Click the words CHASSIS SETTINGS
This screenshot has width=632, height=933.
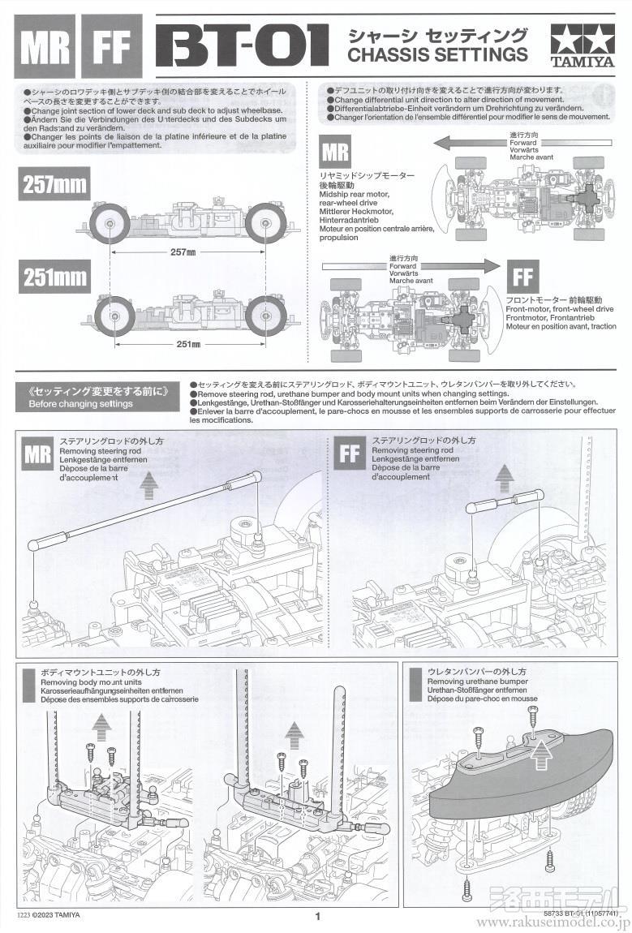coord(437,55)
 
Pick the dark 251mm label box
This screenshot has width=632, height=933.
coord(54,277)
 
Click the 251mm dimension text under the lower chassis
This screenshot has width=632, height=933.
coord(187,344)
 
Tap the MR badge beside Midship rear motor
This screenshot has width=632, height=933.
coord(336,153)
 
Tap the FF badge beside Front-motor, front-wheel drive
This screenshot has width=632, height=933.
coord(522,277)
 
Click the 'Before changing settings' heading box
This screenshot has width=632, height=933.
coord(97,396)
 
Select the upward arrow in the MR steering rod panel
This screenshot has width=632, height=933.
coord(151,485)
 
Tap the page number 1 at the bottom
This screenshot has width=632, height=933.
coord(318,917)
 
